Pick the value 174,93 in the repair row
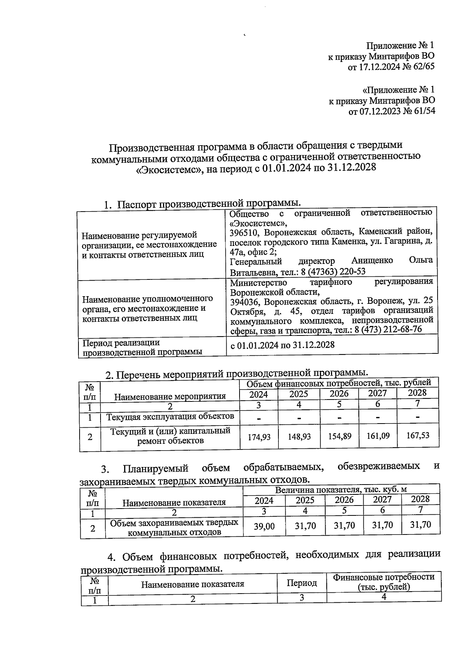click(259, 437)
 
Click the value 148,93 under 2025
click(299, 437)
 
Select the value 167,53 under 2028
click(418, 435)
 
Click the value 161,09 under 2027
click(378, 436)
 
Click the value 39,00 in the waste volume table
click(264, 526)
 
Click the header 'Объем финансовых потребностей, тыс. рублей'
click(339, 382)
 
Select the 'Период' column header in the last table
click(302, 583)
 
